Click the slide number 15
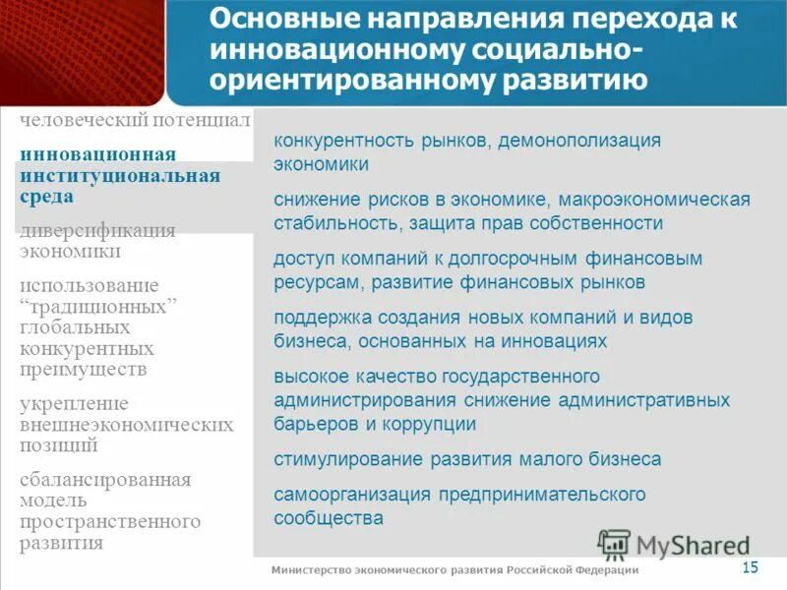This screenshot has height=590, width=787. (750, 566)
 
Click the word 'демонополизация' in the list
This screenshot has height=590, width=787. (578, 141)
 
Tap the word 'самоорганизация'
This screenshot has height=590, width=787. (353, 495)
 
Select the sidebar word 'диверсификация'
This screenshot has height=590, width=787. (97, 231)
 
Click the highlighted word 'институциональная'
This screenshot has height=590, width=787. (119, 176)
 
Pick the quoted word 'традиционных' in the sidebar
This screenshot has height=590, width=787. (98, 306)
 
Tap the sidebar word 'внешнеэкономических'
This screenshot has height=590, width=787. (127, 425)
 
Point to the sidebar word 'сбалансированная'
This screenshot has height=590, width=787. (105, 481)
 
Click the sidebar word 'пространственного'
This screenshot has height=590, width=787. (110, 521)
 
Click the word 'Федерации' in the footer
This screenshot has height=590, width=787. (605, 570)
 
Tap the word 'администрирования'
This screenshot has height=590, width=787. (365, 400)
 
